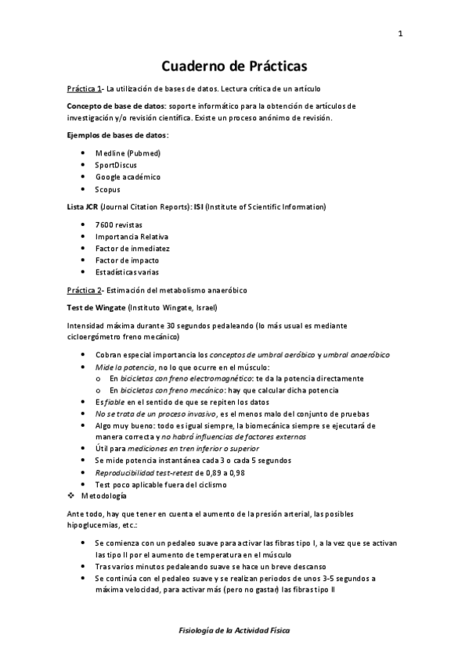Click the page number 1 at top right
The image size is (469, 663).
tap(400, 34)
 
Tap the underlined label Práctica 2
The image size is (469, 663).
tap(84, 290)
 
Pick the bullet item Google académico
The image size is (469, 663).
tap(128, 177)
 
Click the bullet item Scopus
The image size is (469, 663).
tap(108, 189)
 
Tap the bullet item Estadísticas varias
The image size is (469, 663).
tap(127, 273)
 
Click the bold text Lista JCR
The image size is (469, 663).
tap(83, 206)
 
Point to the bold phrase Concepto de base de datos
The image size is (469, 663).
tap(116, 105)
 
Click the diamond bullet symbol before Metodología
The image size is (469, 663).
tap(71, 496)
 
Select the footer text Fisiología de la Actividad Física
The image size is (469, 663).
tap(234, 629)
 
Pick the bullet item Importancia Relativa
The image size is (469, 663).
tap(131, 236)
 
